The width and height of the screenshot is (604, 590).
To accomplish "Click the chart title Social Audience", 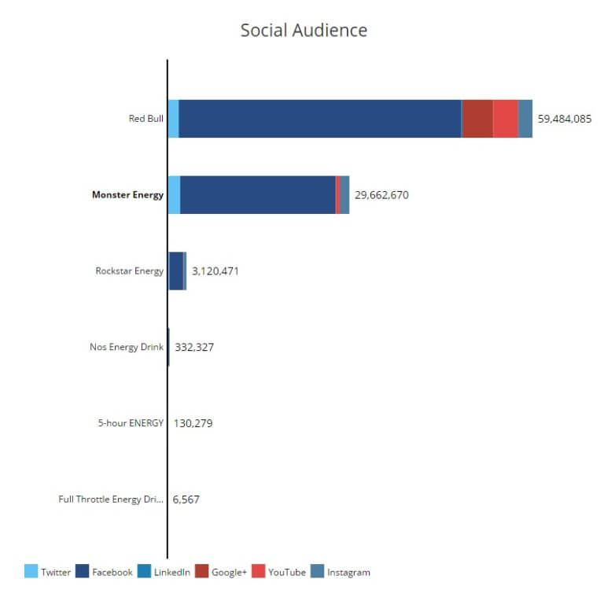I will coord(304,31).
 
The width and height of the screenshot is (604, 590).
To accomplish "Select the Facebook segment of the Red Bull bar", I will coord(319,119).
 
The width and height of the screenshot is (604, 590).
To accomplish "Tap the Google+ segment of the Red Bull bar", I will coord(477,119).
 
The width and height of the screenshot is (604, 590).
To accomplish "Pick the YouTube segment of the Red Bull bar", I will coord(506,119).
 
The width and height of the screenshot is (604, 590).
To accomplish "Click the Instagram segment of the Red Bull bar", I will coord(525,119).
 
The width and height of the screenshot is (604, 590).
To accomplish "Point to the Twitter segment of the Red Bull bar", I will coord(174,119).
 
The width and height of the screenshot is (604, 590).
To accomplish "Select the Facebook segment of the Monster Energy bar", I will coord(257,195).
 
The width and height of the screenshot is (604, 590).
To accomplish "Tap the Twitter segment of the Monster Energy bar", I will coord(175,195).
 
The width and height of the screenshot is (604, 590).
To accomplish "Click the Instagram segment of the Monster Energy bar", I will coord(344,195).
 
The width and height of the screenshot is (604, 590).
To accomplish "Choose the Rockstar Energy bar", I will coord(176,271).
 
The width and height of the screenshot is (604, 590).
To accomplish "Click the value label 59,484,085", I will coord(564,120).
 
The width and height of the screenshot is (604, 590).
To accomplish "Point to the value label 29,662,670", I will coord(381,195).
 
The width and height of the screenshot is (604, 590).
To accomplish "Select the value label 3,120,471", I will coord(215,271).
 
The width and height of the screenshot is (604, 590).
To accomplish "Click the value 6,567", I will coord(186,499).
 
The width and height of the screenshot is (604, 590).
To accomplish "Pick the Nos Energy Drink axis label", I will coord(127,347).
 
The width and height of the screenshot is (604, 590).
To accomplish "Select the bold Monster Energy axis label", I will coord(127,195).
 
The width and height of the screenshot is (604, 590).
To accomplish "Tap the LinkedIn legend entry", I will coord(164,572).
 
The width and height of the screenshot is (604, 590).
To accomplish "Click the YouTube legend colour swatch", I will coord(258,572).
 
